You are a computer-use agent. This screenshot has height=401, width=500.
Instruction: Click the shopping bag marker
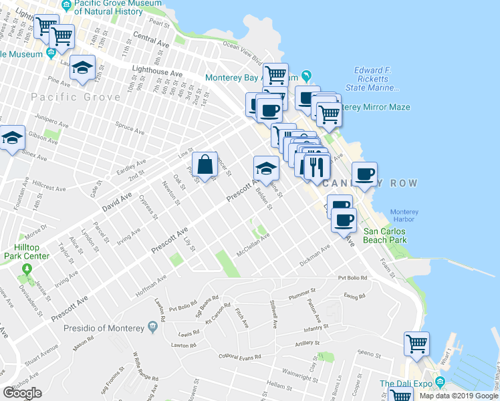click(207, 164)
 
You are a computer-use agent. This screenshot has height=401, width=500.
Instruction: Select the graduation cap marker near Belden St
click(265, 168)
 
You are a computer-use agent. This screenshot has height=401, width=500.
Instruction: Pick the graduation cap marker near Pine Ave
click(83, 68)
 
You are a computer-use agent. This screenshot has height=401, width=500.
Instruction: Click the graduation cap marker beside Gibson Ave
click(12, 138)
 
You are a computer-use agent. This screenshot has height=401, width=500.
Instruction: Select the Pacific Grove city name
click(76, 98)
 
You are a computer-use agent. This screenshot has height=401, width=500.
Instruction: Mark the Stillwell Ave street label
click(273, 315)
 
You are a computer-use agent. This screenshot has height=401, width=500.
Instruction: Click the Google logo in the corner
click(22, 393)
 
